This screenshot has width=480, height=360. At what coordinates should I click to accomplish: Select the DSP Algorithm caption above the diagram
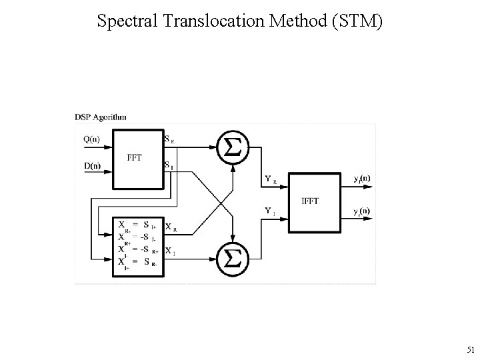tap(101, 117)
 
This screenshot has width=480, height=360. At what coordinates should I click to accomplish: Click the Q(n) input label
tap(93, 140)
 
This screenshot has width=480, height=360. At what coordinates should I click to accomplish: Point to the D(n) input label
tap(93, 166)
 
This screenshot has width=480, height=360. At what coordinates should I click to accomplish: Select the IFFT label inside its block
tap(310, 201)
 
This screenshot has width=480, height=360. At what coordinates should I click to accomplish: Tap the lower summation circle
tap(232, 257)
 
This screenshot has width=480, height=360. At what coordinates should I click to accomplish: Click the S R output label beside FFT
tap(169, 140)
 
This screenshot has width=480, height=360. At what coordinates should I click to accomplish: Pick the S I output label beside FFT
tap(169, 165)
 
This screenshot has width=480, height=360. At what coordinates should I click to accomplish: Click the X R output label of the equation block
tap(171, 227)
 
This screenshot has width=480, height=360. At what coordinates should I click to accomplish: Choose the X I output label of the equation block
tap(171, 251)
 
